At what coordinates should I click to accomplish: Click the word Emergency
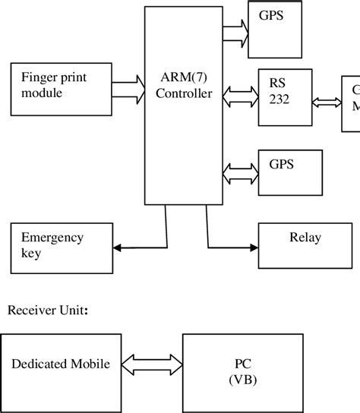52,238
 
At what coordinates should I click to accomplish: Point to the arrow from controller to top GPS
235,30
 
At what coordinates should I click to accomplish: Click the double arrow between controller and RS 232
241,95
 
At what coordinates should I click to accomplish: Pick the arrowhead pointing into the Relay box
254,246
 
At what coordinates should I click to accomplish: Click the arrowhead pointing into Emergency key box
117,246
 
